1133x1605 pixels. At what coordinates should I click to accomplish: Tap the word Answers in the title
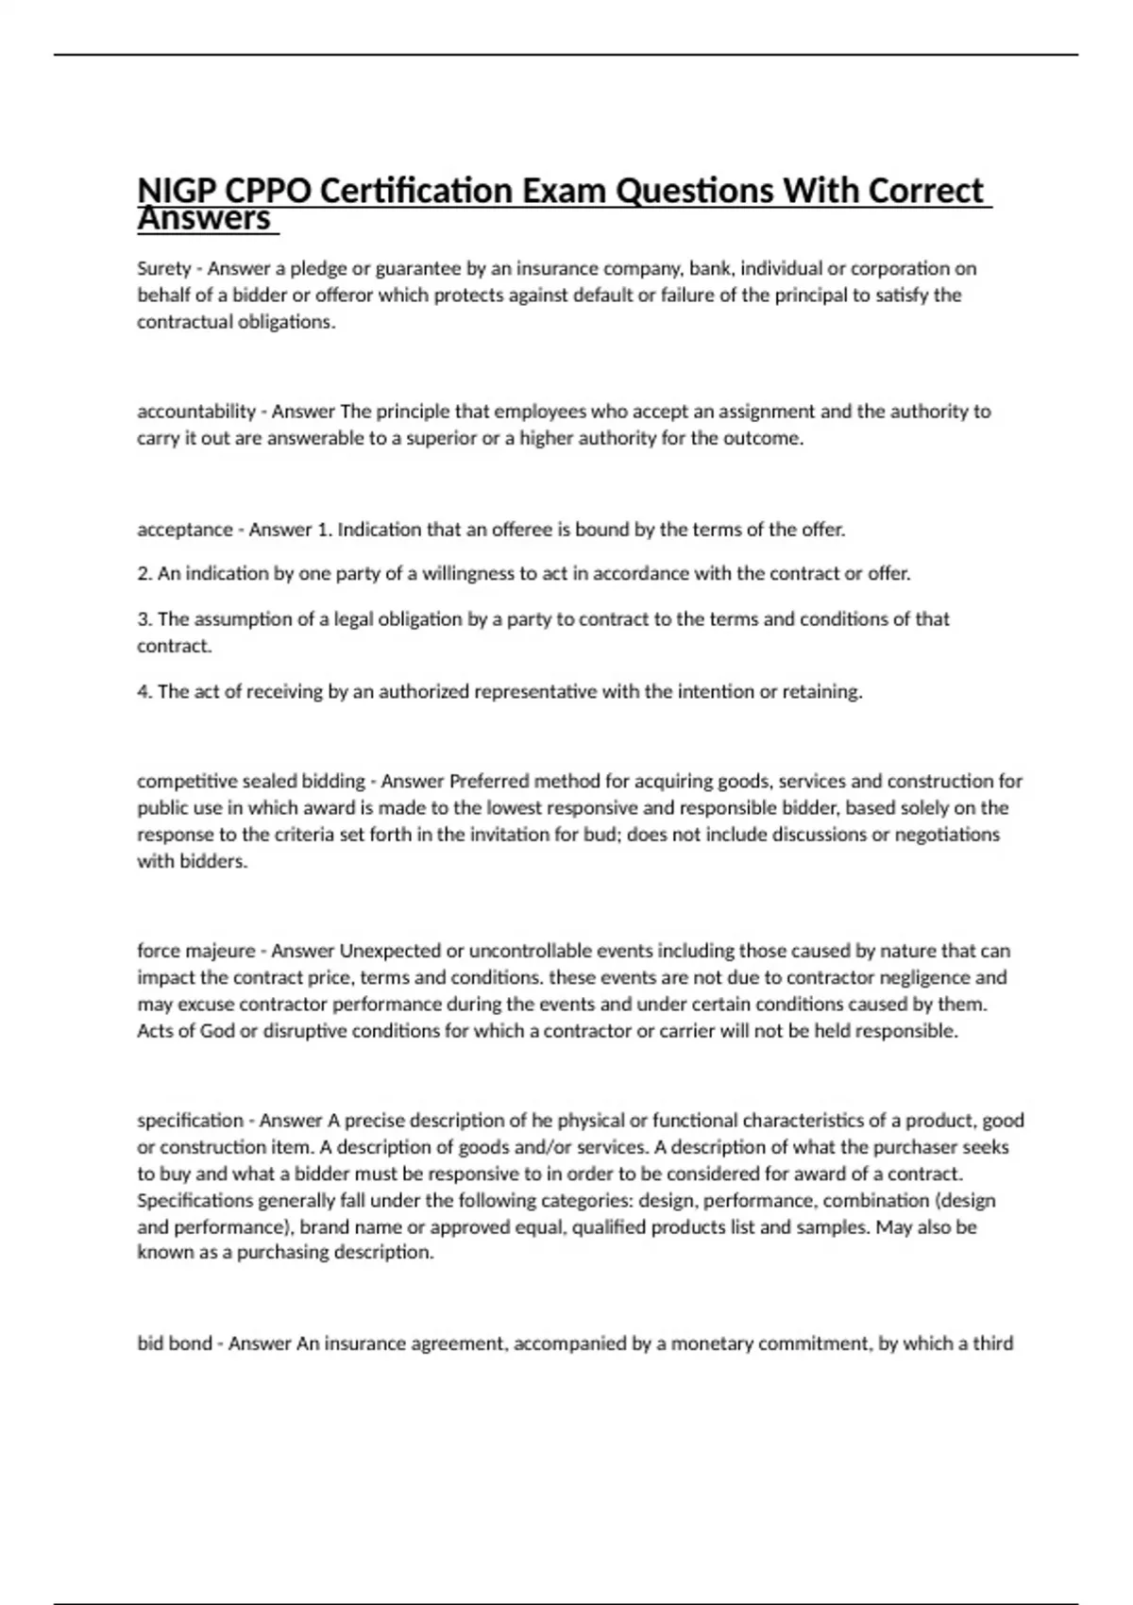click(204, 219)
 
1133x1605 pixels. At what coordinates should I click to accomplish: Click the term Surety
click(164, 268)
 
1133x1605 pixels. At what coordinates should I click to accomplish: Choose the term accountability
click(196, 412)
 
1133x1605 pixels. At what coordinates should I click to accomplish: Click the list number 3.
click(144, 619)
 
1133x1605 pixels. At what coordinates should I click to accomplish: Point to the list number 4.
click(144, 692)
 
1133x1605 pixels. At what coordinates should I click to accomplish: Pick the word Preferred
click(488, 782)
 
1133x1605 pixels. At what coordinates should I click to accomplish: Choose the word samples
click(835, 1227)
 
